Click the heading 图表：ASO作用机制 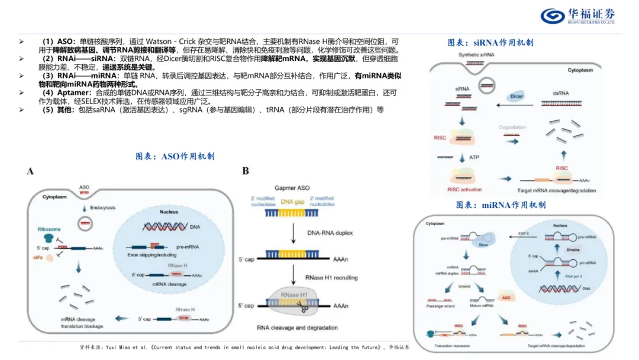click(175, 156)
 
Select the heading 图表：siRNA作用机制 click(490, 43)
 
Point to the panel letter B click(246, 171)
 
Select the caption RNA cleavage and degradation click(298, 327)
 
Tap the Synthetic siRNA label click(476, 55)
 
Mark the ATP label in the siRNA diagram click(474, 157)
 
